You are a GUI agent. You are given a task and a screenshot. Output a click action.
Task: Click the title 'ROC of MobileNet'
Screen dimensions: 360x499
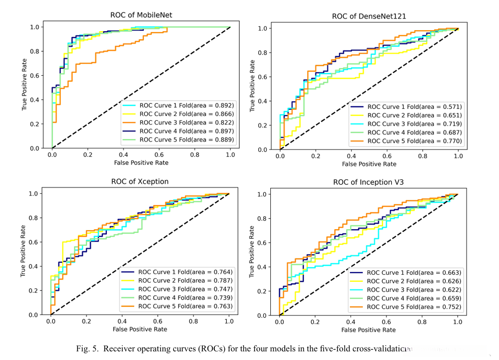coord(141,15)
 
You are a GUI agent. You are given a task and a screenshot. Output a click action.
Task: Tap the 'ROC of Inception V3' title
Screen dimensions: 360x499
coord(368,183)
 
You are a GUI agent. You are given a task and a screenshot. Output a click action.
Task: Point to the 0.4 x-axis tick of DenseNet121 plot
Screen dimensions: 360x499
coord(351,156)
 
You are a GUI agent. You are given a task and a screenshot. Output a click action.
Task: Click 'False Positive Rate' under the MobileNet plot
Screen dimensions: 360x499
coord(141,163)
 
